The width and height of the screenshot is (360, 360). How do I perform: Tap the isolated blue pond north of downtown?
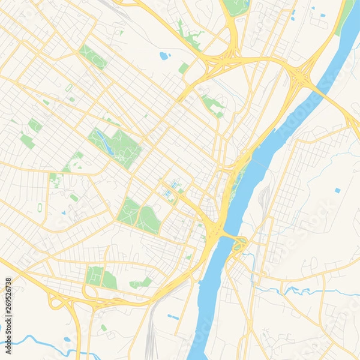163,56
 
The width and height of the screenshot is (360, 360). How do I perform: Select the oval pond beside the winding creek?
66,339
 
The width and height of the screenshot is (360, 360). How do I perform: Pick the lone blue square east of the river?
337,190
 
